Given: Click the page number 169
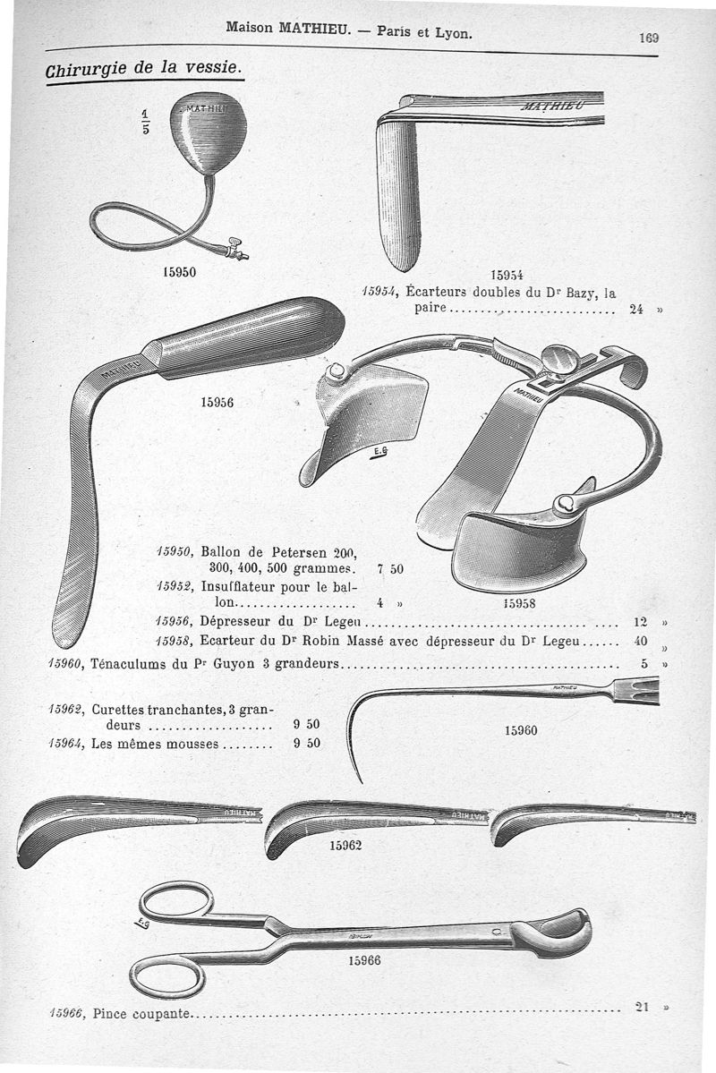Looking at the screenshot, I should point(649,38).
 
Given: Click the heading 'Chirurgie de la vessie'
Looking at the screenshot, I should point(142,68).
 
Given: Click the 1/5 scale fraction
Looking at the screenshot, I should point(148,119).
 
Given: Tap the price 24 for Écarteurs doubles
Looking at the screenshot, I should point(636,311).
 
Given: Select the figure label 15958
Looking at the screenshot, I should point(519,603).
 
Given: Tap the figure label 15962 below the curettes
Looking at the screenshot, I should point(345,845).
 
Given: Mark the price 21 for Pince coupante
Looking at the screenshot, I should point(640,1006).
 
